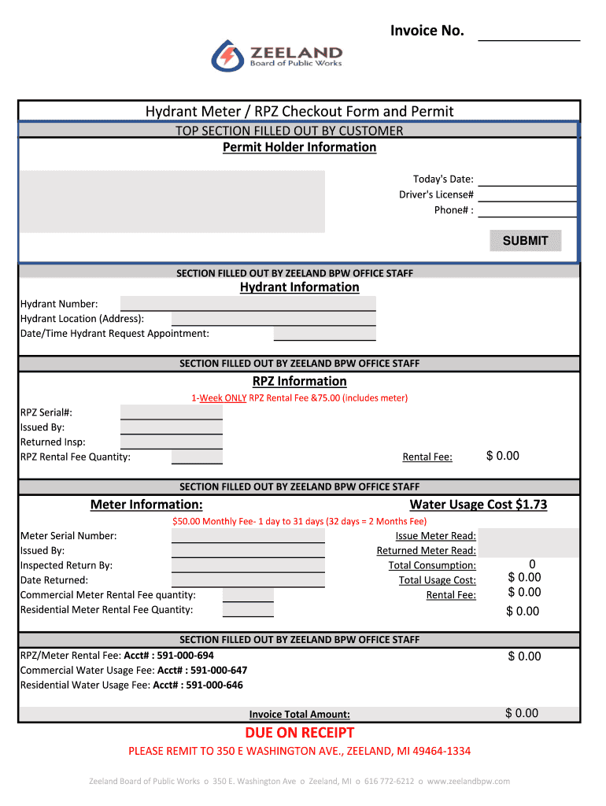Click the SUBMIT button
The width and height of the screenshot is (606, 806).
526,241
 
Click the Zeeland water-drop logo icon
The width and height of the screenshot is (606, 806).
227,56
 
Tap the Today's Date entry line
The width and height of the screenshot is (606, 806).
528,179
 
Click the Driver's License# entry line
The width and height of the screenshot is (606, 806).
528,194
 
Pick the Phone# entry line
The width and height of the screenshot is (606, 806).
528,210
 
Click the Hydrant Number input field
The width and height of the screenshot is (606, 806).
248,304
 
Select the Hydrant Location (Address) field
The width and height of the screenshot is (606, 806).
273,319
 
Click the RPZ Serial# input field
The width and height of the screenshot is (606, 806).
172,412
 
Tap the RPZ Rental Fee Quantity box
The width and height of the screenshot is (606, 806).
197,457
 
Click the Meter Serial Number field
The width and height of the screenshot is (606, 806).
248,536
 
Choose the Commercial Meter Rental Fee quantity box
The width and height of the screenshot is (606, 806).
248,595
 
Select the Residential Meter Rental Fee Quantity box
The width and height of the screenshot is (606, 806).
248,610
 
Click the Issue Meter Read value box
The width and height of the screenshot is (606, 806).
528,536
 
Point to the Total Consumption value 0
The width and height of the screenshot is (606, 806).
532,564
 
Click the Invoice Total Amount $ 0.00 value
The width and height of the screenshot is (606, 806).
522,714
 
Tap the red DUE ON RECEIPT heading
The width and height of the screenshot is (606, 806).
299,734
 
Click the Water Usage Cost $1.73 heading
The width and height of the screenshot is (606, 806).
479,505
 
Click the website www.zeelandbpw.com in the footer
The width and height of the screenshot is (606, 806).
468,782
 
